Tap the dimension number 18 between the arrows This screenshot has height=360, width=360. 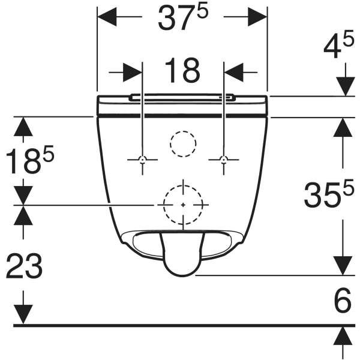coord(182,71)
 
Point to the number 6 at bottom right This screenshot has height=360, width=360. coord(341,301)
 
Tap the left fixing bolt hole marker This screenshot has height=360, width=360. coord(142,160)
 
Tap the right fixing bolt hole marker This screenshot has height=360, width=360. coord(224,160)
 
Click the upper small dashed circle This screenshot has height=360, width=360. coord(182,142)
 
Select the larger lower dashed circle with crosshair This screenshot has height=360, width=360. coord(182,205)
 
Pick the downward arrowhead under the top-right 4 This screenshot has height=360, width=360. coord(344,87)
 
